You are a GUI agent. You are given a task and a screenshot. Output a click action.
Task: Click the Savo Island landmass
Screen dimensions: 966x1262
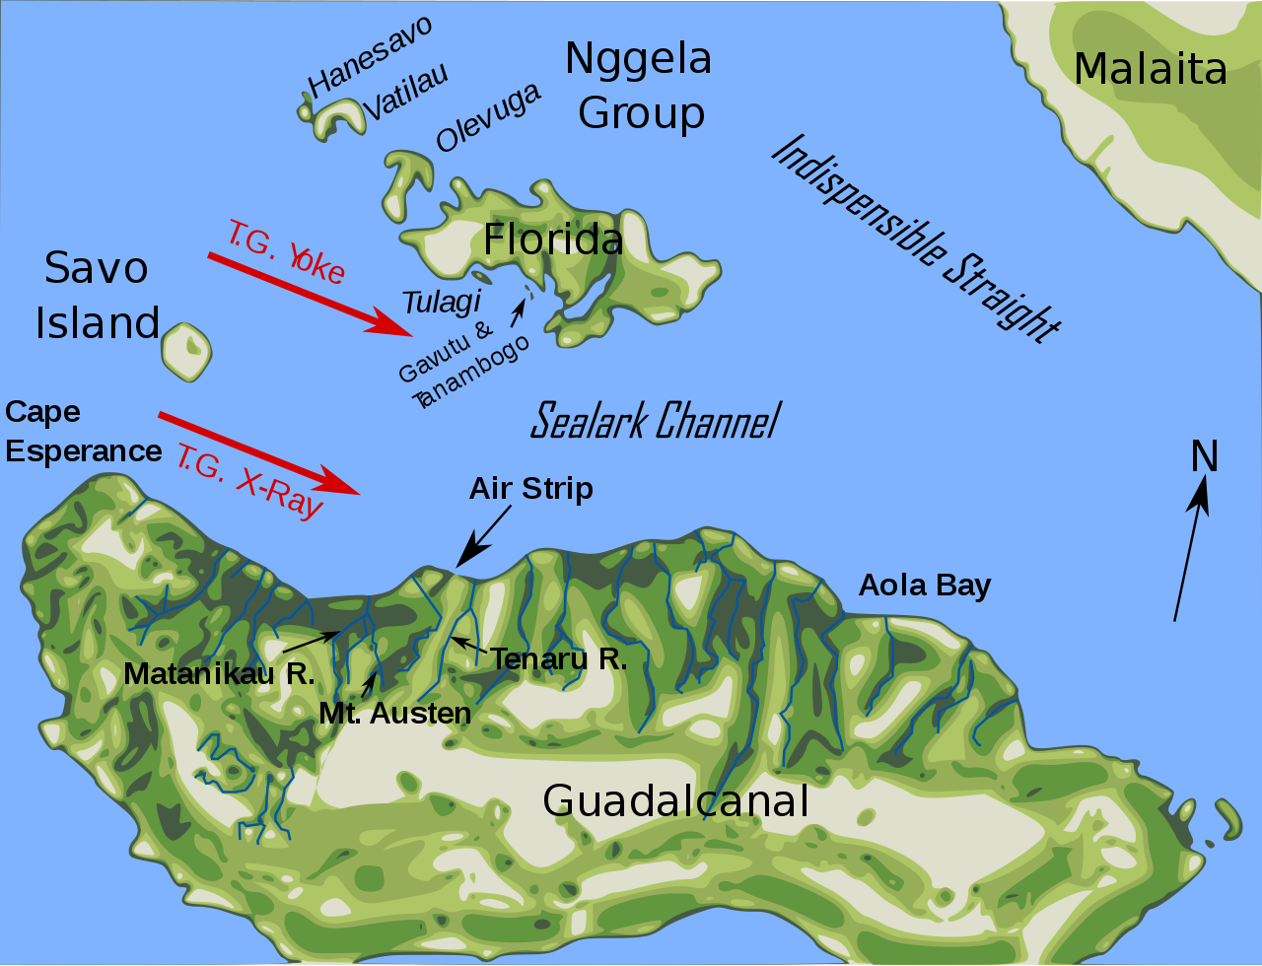click(185, 352)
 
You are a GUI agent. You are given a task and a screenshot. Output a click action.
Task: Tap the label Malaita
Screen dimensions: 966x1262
click(1150, 69)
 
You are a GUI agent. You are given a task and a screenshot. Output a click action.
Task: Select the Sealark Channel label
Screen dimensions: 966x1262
click(655, 421)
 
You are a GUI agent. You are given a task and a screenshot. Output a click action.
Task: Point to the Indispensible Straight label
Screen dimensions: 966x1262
click(915, 240)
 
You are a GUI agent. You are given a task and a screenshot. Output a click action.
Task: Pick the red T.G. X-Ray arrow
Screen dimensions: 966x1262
click(258, 452)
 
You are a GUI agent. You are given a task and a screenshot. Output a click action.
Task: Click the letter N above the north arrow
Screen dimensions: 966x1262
click(1205, 456)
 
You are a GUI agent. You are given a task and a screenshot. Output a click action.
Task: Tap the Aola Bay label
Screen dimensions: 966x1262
click(924, 585)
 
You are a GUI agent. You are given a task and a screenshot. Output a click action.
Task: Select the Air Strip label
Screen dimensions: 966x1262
click(530, 488)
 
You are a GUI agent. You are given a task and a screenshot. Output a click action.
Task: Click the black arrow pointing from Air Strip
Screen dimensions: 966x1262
click(483, 538)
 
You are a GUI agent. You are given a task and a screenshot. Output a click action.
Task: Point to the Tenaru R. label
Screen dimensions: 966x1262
click(558, 658)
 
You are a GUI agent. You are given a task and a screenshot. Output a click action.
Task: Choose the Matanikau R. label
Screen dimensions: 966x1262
click(219, 674)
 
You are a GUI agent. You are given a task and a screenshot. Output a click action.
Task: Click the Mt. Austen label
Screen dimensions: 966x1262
click(394, 713)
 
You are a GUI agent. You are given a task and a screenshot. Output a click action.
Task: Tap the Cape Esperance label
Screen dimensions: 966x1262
click(82, 432)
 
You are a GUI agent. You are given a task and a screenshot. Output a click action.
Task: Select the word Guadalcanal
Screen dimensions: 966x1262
click(675, 800)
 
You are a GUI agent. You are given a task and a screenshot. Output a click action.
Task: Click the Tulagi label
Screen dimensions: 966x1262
click(442, 301)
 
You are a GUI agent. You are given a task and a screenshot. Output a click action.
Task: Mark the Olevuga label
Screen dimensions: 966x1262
click(488, 117)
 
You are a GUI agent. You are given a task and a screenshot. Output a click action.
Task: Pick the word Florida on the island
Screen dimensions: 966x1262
click(553, 240)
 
